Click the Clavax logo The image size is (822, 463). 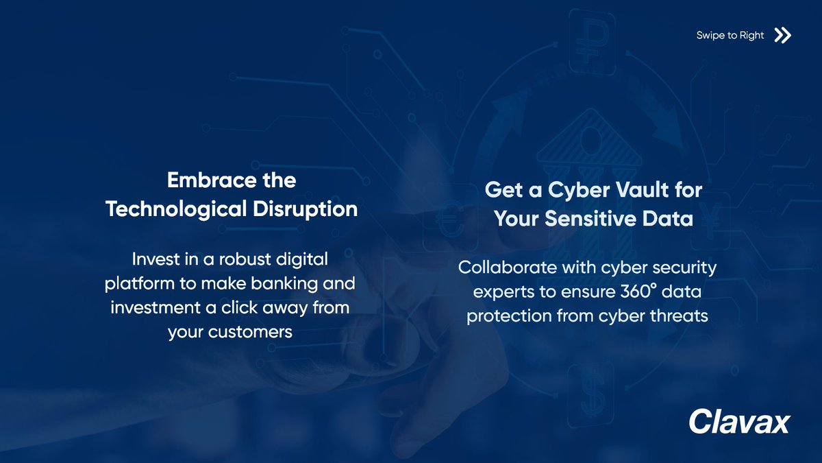[x=739, y=420]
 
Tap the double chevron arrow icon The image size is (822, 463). [x=782, y=36]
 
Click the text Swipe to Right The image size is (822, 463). [x=730, y=36]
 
